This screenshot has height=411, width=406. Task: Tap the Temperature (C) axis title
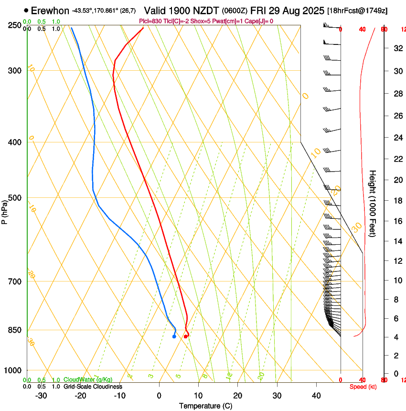pos(205,406)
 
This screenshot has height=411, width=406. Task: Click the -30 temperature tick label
pos(41,396)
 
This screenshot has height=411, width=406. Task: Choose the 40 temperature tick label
pos(316,396)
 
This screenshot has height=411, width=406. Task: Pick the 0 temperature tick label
pos(159,396)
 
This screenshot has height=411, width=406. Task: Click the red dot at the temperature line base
pos(186,337)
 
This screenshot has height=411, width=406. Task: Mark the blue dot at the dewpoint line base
pos(174,337)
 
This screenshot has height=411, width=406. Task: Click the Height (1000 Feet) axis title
pos(373,204)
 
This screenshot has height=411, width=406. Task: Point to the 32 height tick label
pos(397,48)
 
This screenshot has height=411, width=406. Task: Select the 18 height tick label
pos(397,201)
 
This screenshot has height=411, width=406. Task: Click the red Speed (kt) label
pos(363,387)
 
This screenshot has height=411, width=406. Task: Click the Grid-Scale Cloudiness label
pos(93,387)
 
